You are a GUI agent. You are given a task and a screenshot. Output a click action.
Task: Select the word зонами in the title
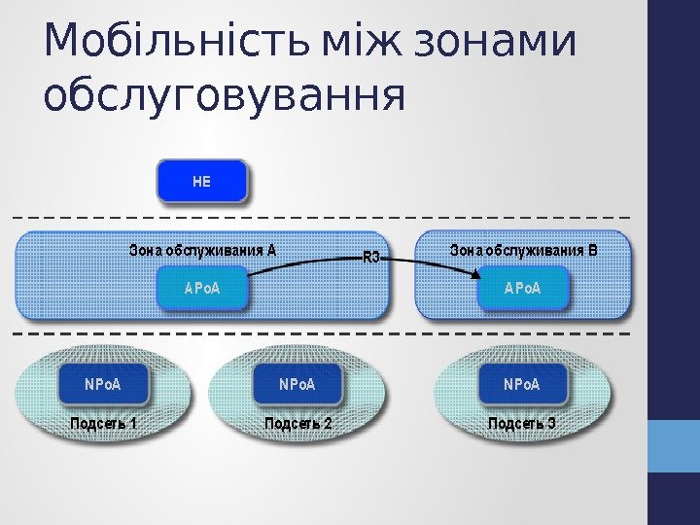(x=496, y=43)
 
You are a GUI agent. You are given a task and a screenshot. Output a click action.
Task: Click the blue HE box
(x=202, y=182)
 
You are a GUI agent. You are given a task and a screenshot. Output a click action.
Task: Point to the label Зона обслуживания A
(x=203, y=250)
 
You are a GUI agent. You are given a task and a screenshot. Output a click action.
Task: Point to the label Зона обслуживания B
(x=523, y=250)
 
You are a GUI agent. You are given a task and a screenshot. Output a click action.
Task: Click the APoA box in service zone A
(x=202, y=289)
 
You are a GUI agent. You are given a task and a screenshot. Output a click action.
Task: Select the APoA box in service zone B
(x=522, y=289)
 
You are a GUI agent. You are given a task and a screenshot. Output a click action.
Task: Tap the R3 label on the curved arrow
(x=370, y=258)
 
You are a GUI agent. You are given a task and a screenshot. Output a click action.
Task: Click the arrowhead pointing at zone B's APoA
(x=475, y=276)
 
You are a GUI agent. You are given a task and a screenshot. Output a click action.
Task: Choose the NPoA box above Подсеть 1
(x=103, y=384)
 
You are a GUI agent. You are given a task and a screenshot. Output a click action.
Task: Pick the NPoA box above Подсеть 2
(x=297, y=384)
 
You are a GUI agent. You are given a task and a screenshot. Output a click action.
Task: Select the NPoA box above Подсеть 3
(x=521, y=384)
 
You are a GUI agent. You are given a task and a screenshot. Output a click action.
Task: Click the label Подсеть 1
(x=103, y=424)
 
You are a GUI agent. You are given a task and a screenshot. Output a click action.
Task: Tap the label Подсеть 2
(x=298, y=424)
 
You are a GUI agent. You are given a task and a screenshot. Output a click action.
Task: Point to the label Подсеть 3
(x=521, y=424)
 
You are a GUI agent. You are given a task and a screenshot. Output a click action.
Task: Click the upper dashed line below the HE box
(x=321, y=216)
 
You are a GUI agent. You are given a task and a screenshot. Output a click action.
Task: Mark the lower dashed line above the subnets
(x=321, y=333)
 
